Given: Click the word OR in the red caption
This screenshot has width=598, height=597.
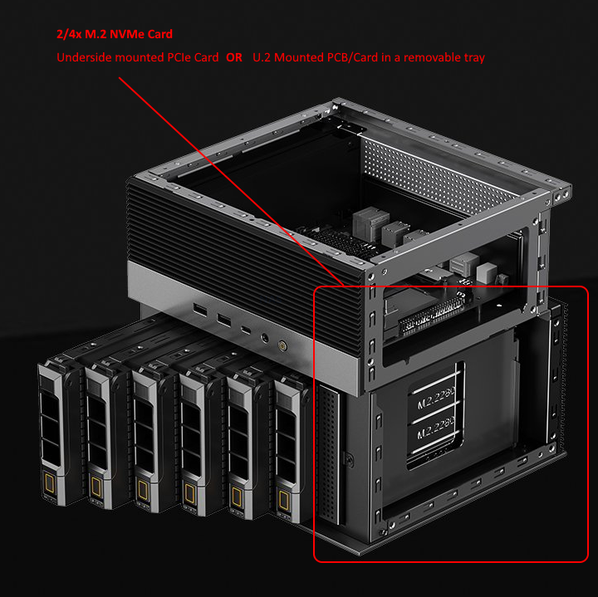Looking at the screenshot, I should click(x=234, y=58).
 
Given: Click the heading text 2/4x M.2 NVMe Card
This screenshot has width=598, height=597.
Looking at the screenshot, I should click(x=115, y=34).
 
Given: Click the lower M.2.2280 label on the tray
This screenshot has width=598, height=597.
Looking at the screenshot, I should click(x=434, y=433).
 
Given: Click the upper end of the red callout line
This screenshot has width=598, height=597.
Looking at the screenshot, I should click(x=120, y=78).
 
